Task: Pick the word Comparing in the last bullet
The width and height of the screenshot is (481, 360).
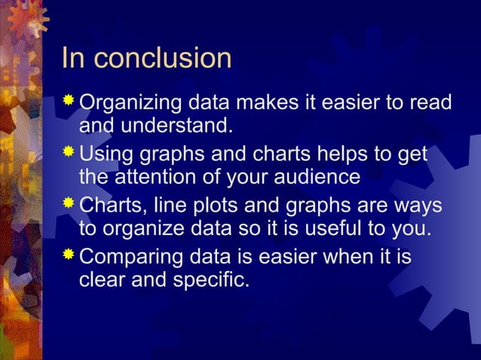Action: (x=128, y=258)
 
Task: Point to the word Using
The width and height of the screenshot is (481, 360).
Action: (x=103, y=154)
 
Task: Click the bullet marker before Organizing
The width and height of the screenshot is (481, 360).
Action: (x=69, y=100)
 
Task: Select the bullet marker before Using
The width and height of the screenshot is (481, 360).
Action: (x=69, y=152)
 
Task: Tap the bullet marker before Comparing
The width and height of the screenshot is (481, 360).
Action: (x=69, y=255)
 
